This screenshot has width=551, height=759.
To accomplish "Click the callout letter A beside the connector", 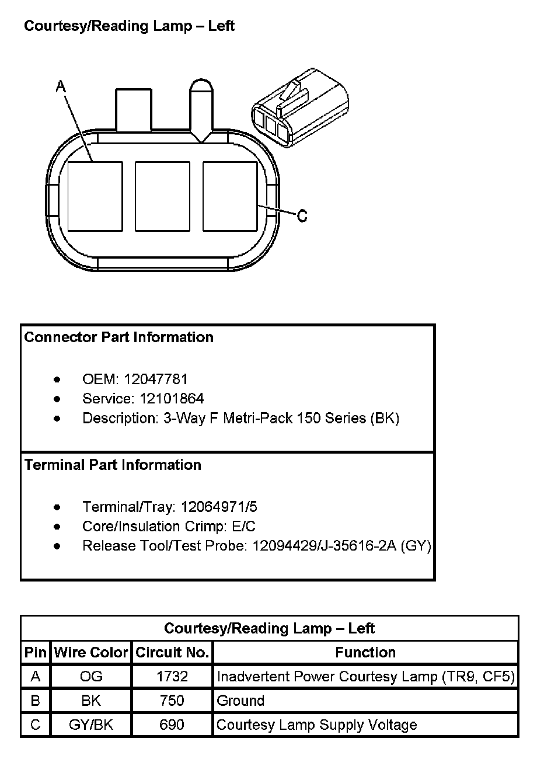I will click(x=60, y=87).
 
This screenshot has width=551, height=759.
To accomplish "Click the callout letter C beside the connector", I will click(x=302, y=216).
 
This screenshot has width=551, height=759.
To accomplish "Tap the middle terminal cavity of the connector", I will click(x=162, y=196).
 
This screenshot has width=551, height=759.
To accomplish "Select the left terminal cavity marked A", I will click(x=95, y=196).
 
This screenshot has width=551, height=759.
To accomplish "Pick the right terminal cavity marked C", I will click(x=229, y=196).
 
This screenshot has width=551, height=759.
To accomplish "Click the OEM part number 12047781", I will click(x=156, y=379).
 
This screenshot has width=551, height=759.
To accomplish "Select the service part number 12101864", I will click(x=172, y=399).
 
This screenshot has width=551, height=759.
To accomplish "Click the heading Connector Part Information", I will click(x=119, y=337).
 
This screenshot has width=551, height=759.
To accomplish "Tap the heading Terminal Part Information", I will click(x=113, y=465).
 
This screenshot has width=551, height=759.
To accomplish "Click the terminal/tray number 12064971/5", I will click(x=219, y=507).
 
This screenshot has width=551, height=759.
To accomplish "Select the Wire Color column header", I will click(x=91, y=652).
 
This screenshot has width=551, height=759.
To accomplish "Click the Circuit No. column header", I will click(x=172, y=652).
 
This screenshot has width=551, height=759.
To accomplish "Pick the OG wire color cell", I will click(x=91, y=677).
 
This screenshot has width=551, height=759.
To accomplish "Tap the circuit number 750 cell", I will click(x=172, y=701).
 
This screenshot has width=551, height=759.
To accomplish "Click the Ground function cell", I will click(x=240, y=701).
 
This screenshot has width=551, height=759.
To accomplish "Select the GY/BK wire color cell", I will click(x=91, y=725).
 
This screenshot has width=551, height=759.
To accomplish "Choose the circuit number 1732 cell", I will click(x=172, y=677).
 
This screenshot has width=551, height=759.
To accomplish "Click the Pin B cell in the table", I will click(x=36, y=701).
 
